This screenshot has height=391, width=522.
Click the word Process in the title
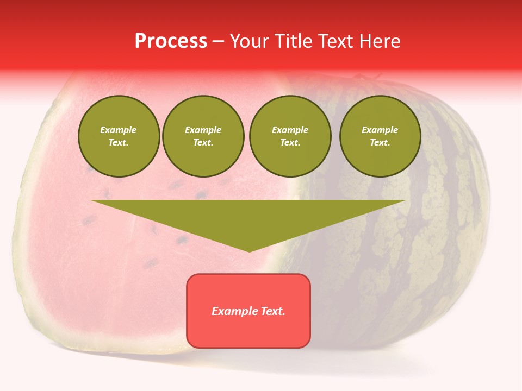[171, 41]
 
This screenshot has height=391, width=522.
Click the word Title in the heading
[293, 41]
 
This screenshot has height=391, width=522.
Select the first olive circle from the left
[119, 136]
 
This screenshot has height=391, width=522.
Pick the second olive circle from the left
[203, 136]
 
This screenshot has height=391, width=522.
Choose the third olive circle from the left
[290, 136]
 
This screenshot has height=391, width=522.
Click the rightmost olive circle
[380, 136]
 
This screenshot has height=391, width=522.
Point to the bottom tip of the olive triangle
[249, 251]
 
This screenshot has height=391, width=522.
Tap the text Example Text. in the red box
[248, 311]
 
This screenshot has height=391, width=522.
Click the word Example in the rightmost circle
[380, 130]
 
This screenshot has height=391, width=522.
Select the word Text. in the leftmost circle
[119, 143]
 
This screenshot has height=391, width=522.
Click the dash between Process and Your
[218, 42]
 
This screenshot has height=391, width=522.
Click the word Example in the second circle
[203, 130]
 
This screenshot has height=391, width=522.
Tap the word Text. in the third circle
[290, 143]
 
